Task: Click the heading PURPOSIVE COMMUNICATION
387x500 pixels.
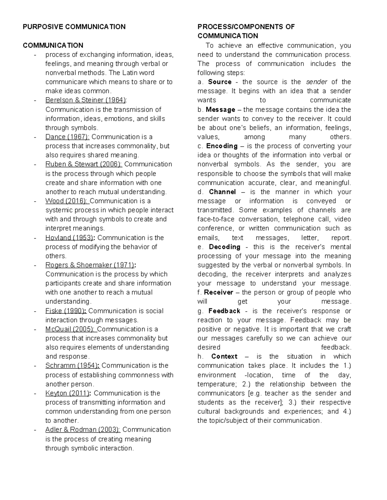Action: tap(74, 27)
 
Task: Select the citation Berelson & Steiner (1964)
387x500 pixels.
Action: tap(85, 100)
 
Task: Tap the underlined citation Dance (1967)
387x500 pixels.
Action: tap(67, 137)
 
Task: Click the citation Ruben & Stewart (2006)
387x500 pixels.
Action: tap(84, 164)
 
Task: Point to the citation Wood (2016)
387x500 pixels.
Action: tap(66, 201)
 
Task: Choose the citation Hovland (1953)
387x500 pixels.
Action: tap(69, 238)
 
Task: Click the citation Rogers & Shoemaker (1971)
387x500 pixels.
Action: tap(90, 265)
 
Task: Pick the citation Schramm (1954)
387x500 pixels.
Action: tap(72, 366)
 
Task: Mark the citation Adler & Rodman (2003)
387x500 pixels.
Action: tap(83, 430)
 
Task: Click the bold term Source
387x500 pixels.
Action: tap(220, 82)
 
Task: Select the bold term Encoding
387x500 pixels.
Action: tap(222, 146)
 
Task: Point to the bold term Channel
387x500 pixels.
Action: tap(222, 192)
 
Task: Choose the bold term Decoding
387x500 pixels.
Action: tap(224, 247)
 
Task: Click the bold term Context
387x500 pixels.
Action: tap(224, 356)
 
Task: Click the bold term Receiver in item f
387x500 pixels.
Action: tap(219, 293)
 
